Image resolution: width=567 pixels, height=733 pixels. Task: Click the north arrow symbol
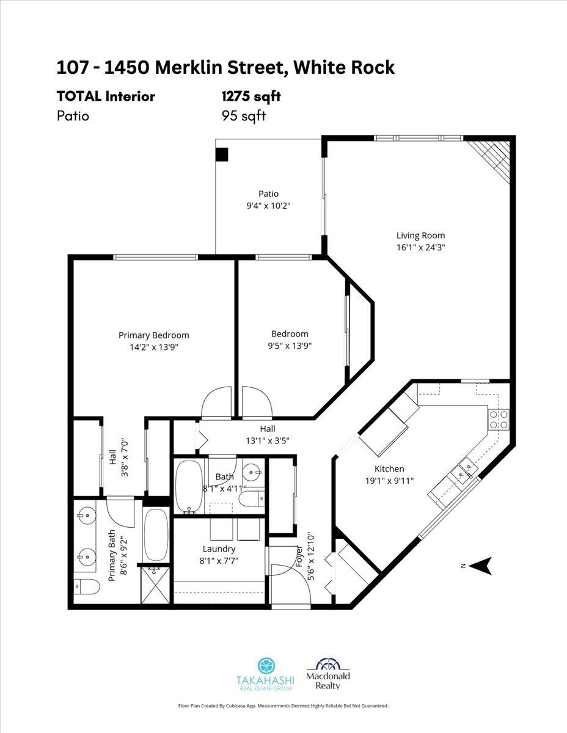coord(481,566)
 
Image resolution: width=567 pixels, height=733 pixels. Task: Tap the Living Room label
coord(420,235)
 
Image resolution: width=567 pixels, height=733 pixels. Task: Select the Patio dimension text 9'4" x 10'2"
coord(268,206)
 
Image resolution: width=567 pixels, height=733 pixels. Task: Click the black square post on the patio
coord(222,155)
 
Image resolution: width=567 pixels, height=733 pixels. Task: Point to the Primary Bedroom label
coord(154,335)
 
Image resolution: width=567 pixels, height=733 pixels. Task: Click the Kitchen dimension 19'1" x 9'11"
coord(390,481)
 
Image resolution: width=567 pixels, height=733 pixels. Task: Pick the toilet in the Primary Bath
coord(87,587)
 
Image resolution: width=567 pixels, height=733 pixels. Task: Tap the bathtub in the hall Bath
coord(189,486)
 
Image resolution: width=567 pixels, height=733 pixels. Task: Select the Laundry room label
coord(219,549)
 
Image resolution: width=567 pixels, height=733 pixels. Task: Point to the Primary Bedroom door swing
coord(216,402)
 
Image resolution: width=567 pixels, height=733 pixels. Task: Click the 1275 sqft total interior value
coord(251,96)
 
